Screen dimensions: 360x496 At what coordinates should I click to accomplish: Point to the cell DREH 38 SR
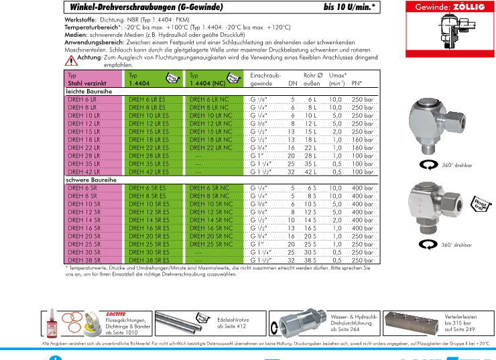[82, 260]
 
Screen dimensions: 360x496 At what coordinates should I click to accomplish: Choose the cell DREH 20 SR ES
[147, 236]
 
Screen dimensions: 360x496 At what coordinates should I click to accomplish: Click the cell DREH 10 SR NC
[211, 203]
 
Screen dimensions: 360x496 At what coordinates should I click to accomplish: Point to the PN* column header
[357, 83]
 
